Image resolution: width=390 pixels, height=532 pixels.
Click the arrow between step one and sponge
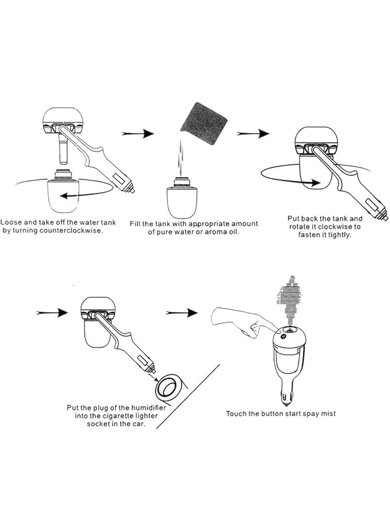click(x=138, y=134)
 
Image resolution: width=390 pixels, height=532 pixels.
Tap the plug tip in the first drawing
click(x=135, y=190)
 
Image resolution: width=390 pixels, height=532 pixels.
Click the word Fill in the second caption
click(x=136, y=223)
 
